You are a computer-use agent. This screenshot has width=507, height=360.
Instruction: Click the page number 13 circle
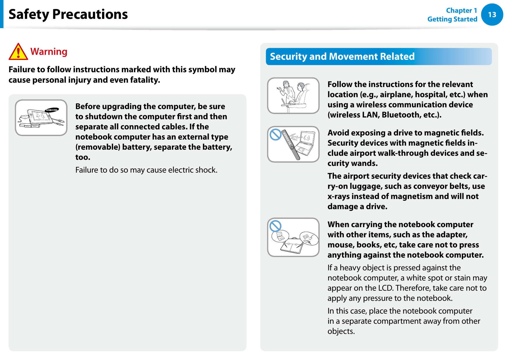(x=492, y=15)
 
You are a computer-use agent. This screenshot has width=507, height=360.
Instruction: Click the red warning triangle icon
(x=18, y=52)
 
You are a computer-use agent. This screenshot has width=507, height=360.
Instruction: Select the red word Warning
(x=49, y=52)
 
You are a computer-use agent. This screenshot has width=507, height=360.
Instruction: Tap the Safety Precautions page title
(x=68, y=14)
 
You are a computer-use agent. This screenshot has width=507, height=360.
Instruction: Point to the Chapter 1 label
(x=461, y=10)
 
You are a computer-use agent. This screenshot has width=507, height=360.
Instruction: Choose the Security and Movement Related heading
(x=342, y=56)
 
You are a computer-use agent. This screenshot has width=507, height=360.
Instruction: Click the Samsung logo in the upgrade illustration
(x=52, y=110)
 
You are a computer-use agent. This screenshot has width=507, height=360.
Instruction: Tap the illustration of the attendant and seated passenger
(x=293, y=95)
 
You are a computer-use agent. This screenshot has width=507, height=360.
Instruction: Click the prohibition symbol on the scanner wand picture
(x=275, y=135)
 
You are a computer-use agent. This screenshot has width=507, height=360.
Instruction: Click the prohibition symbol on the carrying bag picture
(x=275, y=226)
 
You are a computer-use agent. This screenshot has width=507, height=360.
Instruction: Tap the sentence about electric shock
(x=146, y=170)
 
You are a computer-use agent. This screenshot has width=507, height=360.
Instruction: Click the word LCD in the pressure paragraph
(x=386, y=288)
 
